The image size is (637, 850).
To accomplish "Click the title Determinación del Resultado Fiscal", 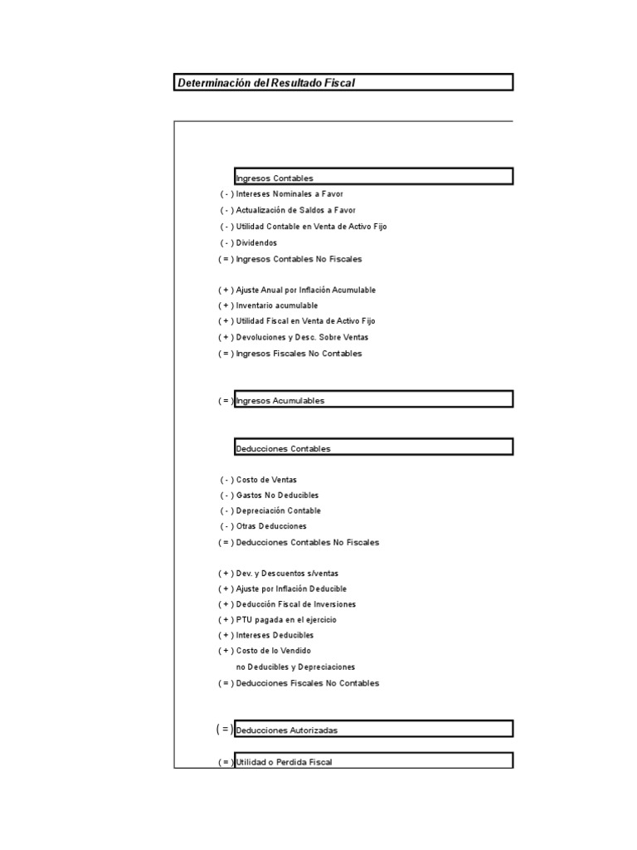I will pos(266,83).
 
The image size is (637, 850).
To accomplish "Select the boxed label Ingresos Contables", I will pos(275,178).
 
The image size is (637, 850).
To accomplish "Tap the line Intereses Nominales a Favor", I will pos(284,194).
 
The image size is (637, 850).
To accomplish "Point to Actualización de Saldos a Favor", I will pos(295,210).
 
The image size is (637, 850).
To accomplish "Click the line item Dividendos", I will pos(256,242).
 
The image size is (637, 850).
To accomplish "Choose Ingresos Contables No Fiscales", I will pos(299,259).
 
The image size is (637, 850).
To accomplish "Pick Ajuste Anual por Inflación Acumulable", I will pos(305,290).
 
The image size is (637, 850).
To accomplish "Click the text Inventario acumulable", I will pos(276,305).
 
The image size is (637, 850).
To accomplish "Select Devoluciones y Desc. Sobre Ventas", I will pos(302,337).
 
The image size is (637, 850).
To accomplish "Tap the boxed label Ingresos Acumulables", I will pos(280,401).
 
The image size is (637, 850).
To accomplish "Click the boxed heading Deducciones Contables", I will pos(283,449).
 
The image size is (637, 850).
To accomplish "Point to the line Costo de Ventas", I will pos(266,480).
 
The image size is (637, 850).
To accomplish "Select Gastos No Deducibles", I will pos(277,496).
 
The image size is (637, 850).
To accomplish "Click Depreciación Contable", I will pos(278,510).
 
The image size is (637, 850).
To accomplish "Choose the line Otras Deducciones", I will pos(271,526).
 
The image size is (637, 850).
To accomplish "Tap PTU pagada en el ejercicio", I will pos(286,620).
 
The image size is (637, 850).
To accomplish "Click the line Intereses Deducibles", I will pos(275,635).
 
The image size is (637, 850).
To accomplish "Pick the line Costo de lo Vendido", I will pos(273,651).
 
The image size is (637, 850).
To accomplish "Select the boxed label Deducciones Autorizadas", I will pos(286,730).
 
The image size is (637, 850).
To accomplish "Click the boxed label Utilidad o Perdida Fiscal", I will pos(284,762).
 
